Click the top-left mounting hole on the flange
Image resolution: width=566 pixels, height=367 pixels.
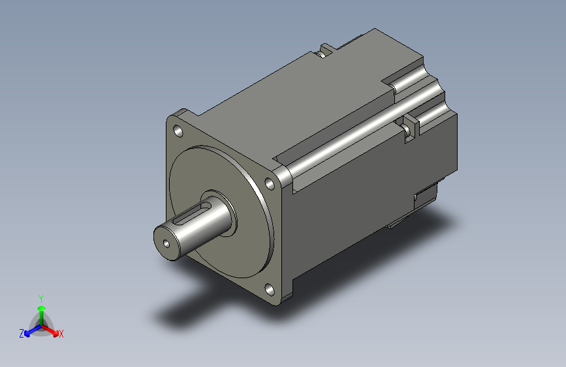click(178, 131)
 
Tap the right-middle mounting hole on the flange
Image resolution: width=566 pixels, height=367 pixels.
click(270, 183)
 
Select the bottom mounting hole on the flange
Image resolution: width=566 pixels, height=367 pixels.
click(269, 289)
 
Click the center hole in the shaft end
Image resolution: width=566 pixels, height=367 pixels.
click(166, 244)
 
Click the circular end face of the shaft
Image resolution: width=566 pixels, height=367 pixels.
click(166, 243)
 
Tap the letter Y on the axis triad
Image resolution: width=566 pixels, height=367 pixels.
click(41, 299)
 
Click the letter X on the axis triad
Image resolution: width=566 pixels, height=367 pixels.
click(61, 334)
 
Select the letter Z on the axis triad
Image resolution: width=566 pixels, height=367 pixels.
click(22, 334)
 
